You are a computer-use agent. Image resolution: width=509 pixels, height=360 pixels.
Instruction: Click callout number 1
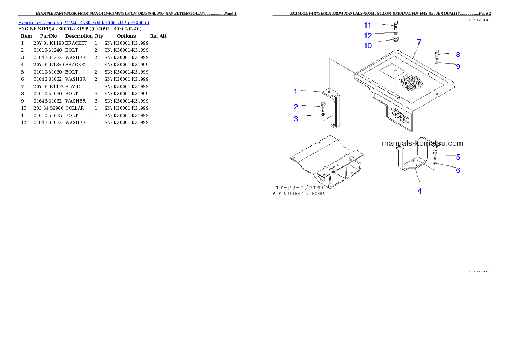click(x=295, y=91)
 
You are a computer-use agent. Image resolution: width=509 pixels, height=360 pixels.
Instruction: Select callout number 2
click(x=296, y=107)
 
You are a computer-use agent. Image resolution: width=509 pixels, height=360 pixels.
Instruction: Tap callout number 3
click(x=296, y=119)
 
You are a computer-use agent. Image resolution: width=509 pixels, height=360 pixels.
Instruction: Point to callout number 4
click(x=420, y=191)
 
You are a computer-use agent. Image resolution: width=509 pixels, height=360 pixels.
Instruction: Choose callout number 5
click(x=458, y=157)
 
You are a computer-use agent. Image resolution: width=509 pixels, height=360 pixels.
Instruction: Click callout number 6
click(x=458, y=170)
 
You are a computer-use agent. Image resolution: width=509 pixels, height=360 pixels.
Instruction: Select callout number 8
click(x=458, y=54)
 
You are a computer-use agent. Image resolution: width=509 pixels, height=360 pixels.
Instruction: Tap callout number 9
click(x=458, y=66)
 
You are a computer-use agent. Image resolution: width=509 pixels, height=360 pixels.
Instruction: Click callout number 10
click(x=368, y=46)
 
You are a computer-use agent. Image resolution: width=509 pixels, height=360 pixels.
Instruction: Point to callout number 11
click(x=368, y=25)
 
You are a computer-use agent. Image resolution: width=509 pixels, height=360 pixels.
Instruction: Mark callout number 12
click(x=368, y=35)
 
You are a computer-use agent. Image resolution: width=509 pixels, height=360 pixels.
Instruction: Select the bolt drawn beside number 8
click(x=437, y=54)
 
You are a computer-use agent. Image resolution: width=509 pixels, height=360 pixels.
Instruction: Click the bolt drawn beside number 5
click(x=435, y=155)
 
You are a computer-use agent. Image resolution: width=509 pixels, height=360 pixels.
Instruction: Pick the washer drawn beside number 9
click(x=437, y=63)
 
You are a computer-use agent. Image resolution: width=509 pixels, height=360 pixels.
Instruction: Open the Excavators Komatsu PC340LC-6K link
click(x=83, y=23)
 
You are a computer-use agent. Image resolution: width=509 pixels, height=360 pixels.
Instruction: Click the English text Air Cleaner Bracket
click(x=299, y=193)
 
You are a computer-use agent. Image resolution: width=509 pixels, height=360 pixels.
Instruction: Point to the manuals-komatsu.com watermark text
click(x=422, y=144)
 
